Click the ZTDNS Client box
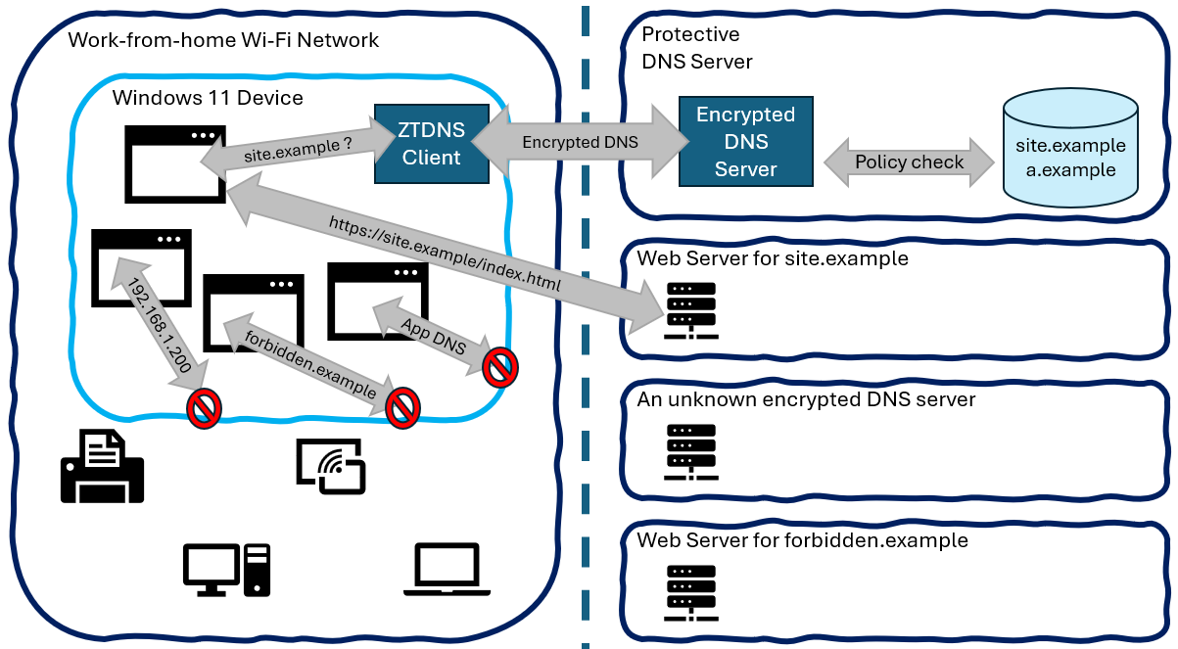(x=432, y=144)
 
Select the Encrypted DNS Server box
(x=745, y=141)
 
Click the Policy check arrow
(x=909, y=162)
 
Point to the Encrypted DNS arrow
(x=580, y=142)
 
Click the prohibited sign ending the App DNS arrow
(x=500, y=368)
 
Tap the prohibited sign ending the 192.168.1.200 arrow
(x=205, y=408)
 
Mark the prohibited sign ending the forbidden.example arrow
(x=402, y=408)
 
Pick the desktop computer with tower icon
(x=225, y=569)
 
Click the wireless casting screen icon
(x=330, y=464)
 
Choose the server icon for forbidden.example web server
(x=690, y=593)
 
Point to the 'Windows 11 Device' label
(x=208, y=98)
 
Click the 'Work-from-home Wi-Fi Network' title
(x=223, y=41)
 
